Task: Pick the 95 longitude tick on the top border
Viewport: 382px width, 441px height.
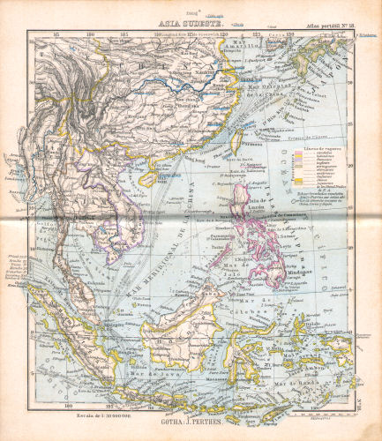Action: pyautogui.click(x=57, y=34)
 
